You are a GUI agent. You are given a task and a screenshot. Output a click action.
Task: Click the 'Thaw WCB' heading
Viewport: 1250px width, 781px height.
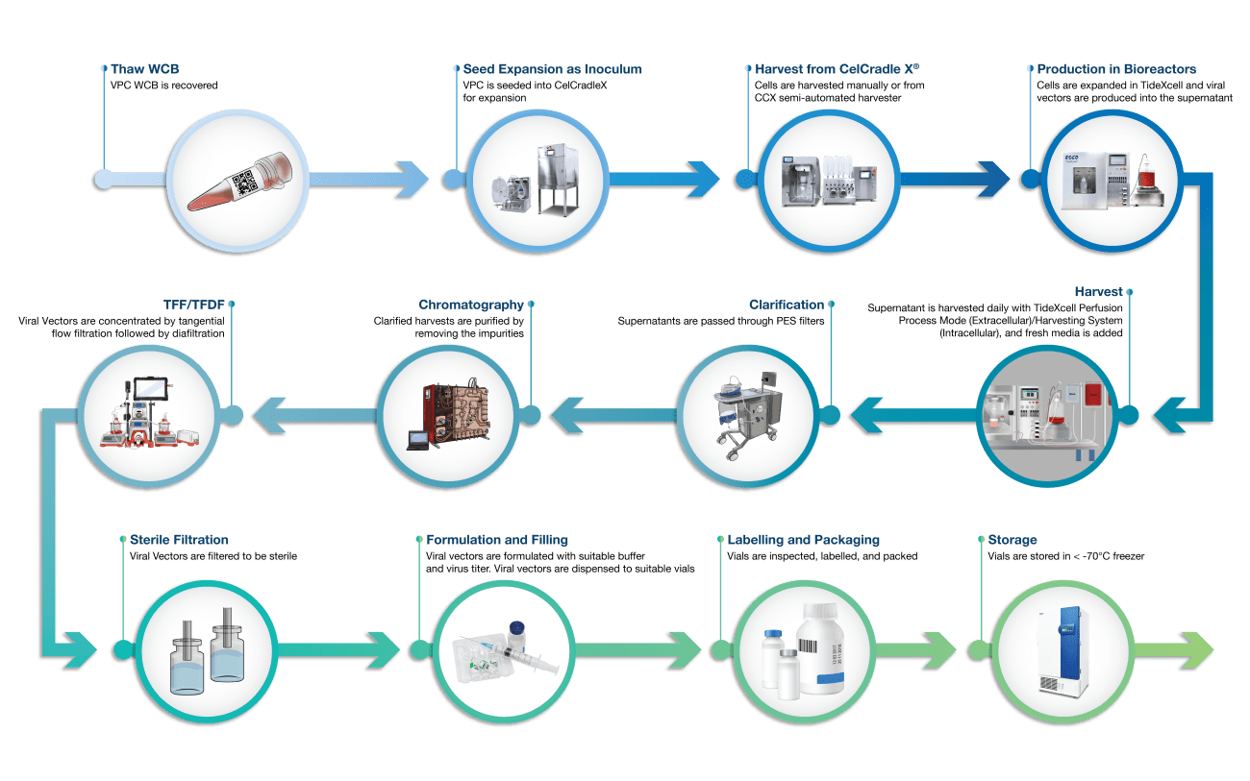tap(144, 69)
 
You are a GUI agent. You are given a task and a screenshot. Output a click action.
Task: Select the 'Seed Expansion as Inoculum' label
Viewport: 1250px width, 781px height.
tap(552, 69)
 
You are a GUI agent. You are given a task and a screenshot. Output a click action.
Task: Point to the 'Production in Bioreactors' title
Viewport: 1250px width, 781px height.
tap(1116, 69)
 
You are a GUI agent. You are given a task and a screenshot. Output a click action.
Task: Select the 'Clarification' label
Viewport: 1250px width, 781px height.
tap(786, 305)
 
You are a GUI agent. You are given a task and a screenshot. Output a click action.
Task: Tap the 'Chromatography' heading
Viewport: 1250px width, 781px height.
tap(471, 305)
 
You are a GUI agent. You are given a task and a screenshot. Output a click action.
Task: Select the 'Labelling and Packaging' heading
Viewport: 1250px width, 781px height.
tap(803, 540)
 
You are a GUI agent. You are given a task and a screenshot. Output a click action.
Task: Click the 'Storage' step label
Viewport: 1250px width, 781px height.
tap(1012, 540)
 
